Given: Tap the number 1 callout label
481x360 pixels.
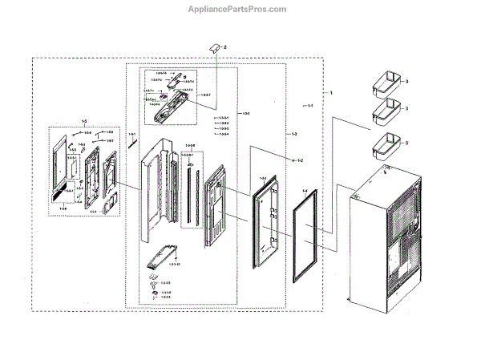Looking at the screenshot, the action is [x=331, y=93].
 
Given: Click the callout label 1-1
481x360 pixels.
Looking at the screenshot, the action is [x=309, y=106].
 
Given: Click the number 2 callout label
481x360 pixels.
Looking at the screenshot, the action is [x=226, y=48].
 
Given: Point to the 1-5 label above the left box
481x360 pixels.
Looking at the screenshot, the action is [x=83, y=121].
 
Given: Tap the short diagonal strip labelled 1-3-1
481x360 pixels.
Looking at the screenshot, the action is [x=134, y=145].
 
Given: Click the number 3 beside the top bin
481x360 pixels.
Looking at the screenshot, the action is [x=407, y=83].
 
